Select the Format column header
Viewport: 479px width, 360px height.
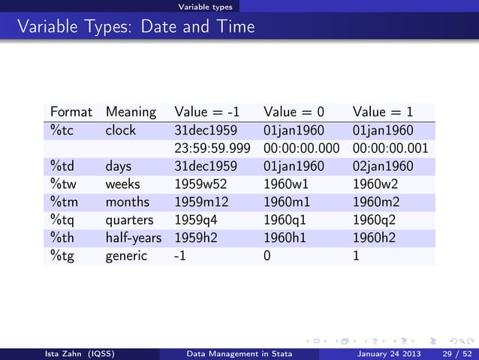point(71,112)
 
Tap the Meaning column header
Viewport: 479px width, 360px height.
point(131,112)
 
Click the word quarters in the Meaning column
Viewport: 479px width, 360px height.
point(130,220)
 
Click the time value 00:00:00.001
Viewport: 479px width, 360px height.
point(390,148)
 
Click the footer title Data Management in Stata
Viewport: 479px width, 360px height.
point(239,354)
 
